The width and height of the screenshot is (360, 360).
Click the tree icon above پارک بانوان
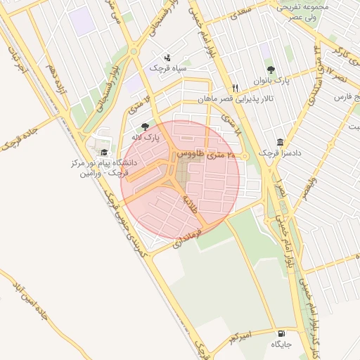[x=271, y=70]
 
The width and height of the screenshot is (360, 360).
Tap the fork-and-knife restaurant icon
[x=236, y=88]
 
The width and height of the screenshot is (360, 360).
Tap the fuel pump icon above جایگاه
[x=282, y=334]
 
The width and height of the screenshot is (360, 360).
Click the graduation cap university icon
[x=103, y=153]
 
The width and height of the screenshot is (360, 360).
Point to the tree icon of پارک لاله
[x=146, y=127]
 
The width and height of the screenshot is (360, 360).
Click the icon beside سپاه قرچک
[x=167, y=58]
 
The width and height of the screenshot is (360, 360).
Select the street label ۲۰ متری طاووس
[x=210, y=153]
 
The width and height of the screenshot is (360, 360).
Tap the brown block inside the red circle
[x=187, y=169]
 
